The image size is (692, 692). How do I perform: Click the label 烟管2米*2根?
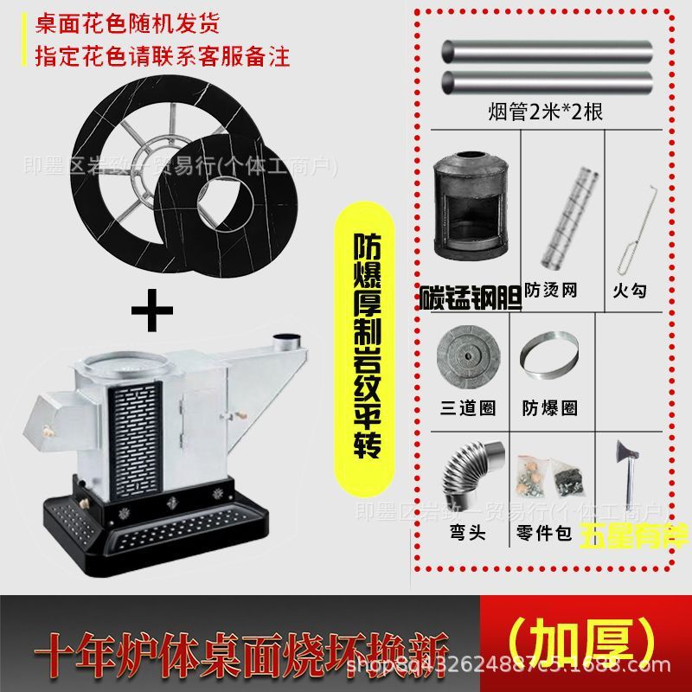549,112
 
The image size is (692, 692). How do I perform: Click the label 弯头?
467,532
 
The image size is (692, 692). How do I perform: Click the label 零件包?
544,533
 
